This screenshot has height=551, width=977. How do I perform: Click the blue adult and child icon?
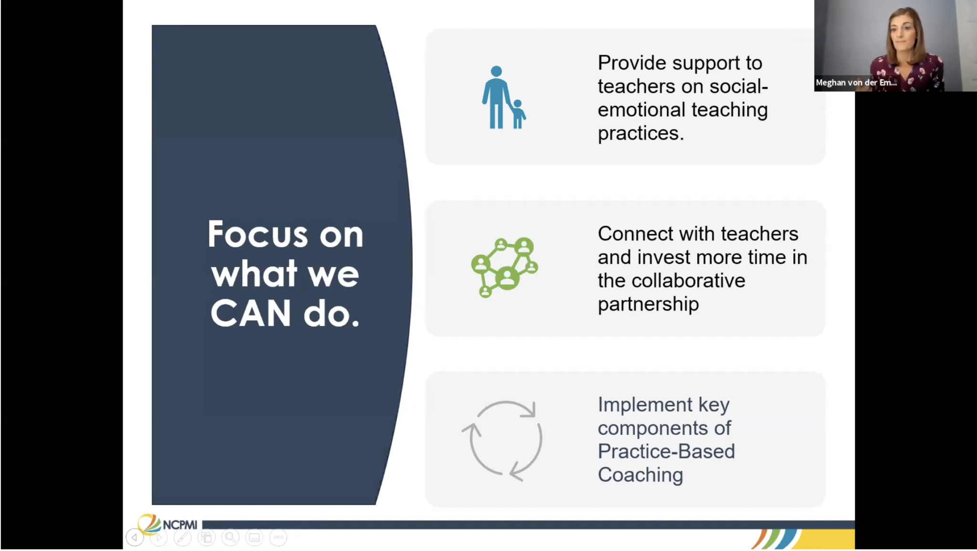point(504,97)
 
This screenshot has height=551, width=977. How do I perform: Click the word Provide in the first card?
point(633,63)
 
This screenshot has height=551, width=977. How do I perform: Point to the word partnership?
point(648,305)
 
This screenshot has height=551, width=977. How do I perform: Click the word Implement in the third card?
point(645,405)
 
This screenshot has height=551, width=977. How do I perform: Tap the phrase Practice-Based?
point(666,452)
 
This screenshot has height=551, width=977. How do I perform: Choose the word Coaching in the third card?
point(641,476)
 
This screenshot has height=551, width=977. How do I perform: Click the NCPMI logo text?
point(180,525)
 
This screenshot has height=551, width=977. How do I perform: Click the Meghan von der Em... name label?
point(856,83)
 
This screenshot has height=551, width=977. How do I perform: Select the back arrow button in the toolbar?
point(135,538)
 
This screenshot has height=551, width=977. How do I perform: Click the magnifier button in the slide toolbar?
point(230,538)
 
